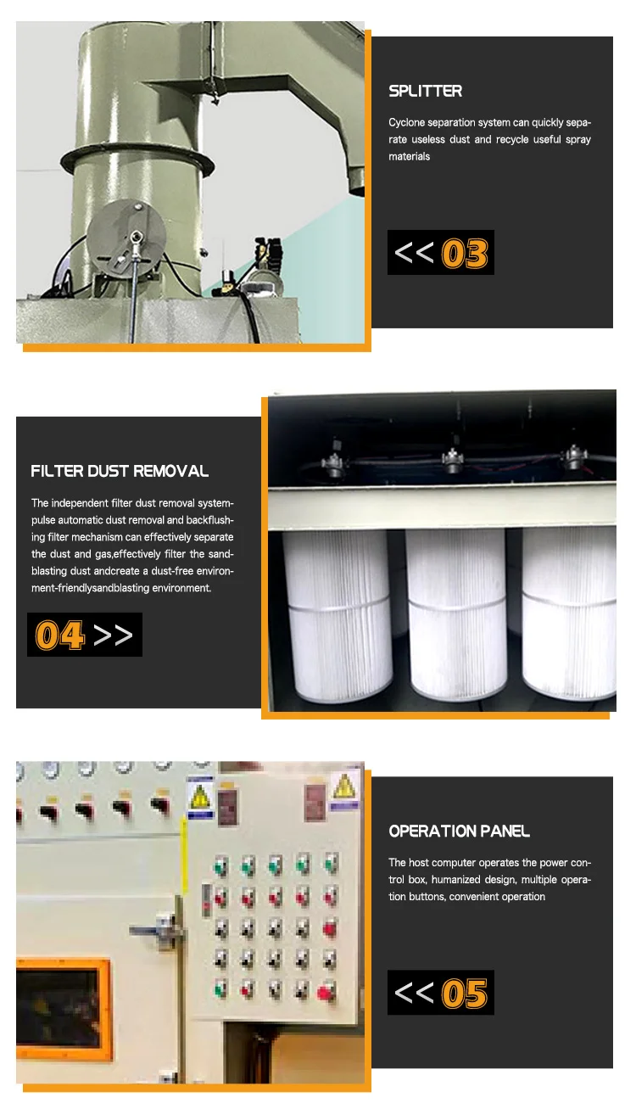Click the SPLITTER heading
425,91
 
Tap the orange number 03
465,254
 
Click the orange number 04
60,635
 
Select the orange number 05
465,994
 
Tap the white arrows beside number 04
113,635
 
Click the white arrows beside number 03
414,253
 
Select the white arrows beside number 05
414,993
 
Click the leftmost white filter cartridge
338,615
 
